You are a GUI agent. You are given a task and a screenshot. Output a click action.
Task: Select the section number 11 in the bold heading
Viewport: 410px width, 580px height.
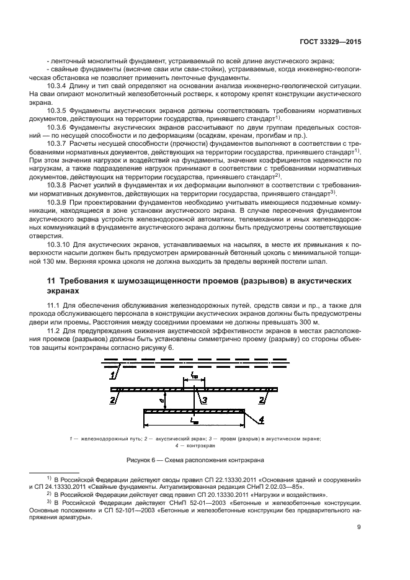(x=51, y=281)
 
